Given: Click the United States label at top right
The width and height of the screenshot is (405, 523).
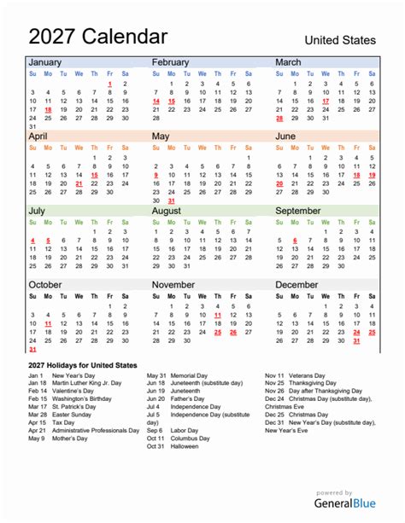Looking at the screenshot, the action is (340, 40).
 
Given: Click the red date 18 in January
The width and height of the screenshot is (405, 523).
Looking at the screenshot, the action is (48, 110).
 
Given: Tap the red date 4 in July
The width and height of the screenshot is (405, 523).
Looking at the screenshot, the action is (32, 241).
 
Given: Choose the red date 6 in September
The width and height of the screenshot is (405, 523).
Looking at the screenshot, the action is (294, 241).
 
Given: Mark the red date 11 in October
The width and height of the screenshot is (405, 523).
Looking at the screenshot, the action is (48, 323).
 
